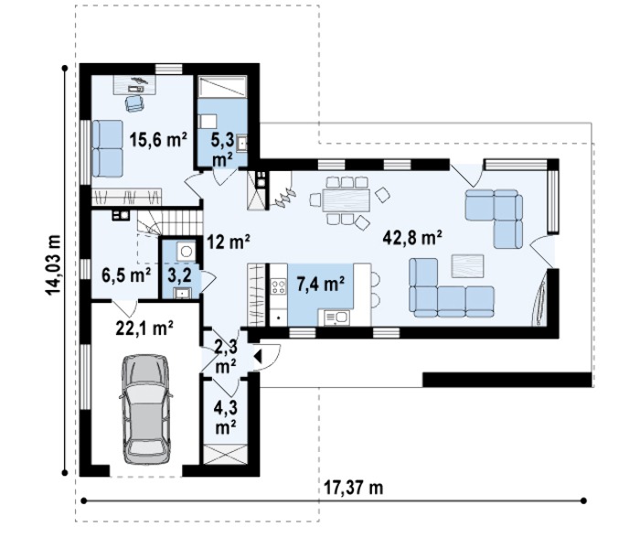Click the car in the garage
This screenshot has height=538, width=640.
click(x=145, y=409)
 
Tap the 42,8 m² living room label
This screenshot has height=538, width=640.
click(x=412, y=237)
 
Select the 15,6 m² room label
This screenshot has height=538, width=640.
click(x=158, y=140)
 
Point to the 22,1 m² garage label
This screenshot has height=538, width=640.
click(x=144, y=328)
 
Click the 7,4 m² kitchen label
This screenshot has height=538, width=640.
click(x=321, y=285)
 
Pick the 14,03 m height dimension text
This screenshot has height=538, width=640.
click(x=53, y=264)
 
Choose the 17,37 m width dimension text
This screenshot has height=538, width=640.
click(x=354, y=488)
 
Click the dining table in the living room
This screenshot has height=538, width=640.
click(x=347, y=200)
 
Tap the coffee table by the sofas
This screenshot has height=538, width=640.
click(x=467, y=266)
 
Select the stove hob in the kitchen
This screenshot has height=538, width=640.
click(x=279, y=286)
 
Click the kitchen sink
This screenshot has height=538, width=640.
click(x=336, y=317)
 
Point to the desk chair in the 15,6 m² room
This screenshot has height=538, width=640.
click(x=134, y=103)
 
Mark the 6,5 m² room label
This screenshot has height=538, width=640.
click(x=126, y=275)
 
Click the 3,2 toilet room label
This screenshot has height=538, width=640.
click(x=180, y=275)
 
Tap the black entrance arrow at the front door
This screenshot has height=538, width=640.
click(x=257, y=356)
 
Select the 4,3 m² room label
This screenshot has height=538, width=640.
click(x=226, y=417)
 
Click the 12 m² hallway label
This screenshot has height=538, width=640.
click(x=229, y=242)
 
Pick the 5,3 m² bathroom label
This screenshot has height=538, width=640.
click(x=222, y=150)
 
